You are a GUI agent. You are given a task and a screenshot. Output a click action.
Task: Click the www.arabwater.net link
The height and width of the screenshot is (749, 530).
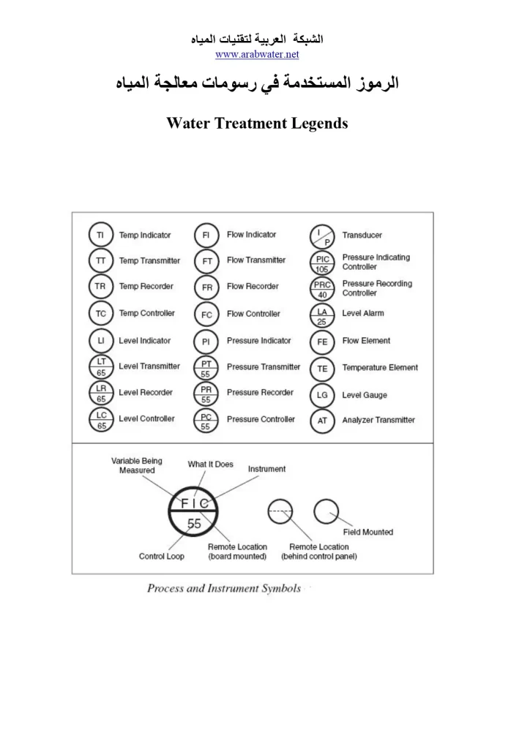257,54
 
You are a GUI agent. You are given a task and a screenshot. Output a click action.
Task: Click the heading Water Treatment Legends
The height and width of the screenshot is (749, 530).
257,123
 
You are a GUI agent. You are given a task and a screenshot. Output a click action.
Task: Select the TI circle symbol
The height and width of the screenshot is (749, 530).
100,236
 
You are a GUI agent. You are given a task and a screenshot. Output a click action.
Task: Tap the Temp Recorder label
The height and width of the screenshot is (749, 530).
146,287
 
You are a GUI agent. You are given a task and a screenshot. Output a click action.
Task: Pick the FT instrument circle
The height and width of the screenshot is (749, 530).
206,261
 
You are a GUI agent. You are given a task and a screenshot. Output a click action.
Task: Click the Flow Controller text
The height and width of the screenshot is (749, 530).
253,314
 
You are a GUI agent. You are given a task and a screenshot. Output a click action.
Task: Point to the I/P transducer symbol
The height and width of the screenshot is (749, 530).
322,236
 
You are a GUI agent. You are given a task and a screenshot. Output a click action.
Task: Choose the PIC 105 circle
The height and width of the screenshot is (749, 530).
322,263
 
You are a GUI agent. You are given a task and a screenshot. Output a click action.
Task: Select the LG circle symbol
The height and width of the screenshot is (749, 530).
322,395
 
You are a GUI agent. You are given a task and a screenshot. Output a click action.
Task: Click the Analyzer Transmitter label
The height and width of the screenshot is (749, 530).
378,420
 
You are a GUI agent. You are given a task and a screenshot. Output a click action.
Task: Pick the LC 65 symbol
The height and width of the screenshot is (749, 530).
100,419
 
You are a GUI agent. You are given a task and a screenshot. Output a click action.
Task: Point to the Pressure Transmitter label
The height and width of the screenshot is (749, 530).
263,366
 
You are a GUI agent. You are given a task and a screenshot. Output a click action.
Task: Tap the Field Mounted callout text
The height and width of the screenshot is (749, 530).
368,532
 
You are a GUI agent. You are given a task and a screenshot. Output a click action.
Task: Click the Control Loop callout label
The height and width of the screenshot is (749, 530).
161,557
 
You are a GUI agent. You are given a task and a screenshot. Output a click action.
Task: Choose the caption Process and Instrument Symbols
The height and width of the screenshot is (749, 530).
224,589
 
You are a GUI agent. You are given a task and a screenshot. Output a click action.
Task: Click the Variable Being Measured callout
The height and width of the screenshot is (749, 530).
137,466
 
